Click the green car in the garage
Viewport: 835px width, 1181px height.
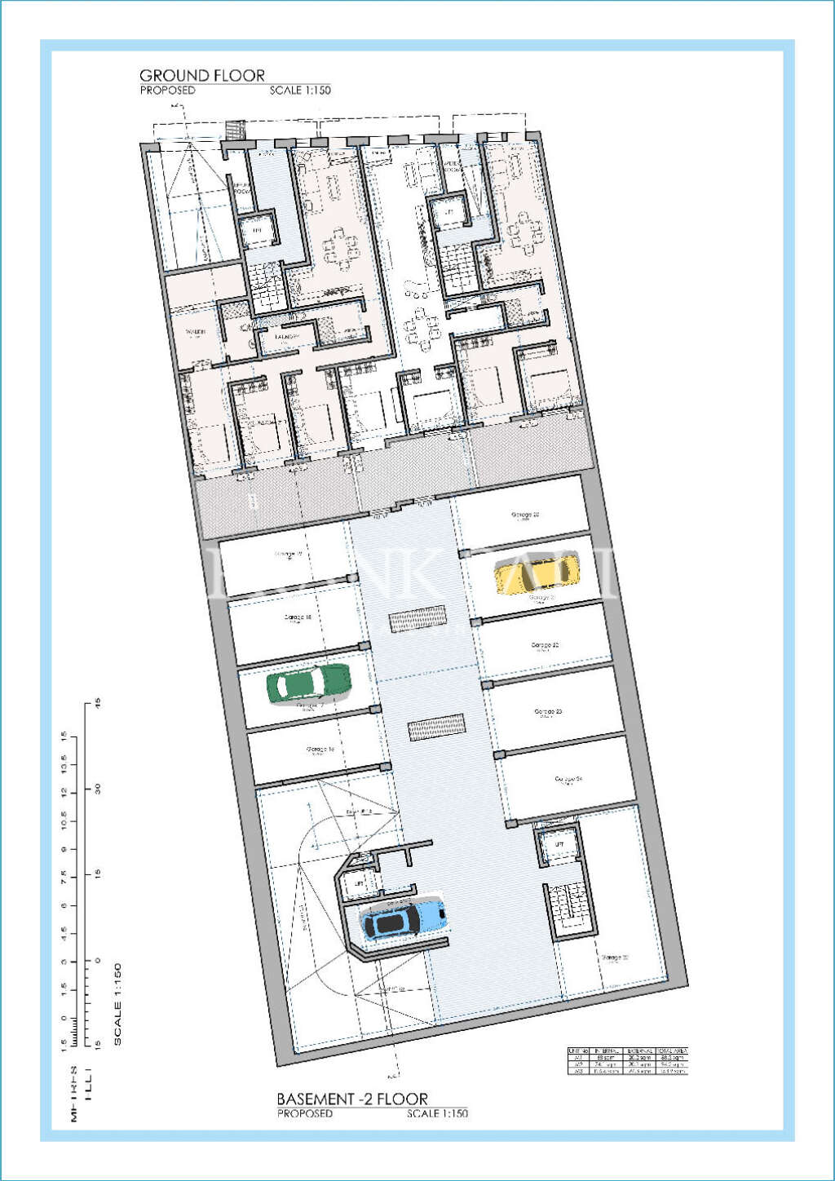pos(309,683)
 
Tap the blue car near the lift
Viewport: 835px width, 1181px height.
pos(404,920)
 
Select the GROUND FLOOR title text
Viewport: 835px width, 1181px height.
pos(202,76)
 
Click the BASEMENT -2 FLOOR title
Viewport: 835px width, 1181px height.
pos(352,1099)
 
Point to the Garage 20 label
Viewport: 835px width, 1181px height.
pos(525,515)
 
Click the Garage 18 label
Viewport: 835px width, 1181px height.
pos(298,617)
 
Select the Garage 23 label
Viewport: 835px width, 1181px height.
pos(548,711)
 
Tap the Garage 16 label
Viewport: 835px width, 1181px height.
pos(320,749)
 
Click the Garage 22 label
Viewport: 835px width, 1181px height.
pos(545,645)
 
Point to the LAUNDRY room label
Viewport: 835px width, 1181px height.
pos(286,336)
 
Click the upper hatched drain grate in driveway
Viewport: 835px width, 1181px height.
pos(417,619)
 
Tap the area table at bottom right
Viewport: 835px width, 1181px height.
pos(627,1060)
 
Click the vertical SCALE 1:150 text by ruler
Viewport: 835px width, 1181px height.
pos(117,1004)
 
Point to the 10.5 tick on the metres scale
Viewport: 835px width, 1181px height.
pos(64,821)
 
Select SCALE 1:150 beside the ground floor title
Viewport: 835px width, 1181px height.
pos(300,91)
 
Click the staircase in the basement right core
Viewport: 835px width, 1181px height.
pos(568,908)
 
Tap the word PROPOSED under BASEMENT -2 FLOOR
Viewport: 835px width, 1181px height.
pos(304,1113)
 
